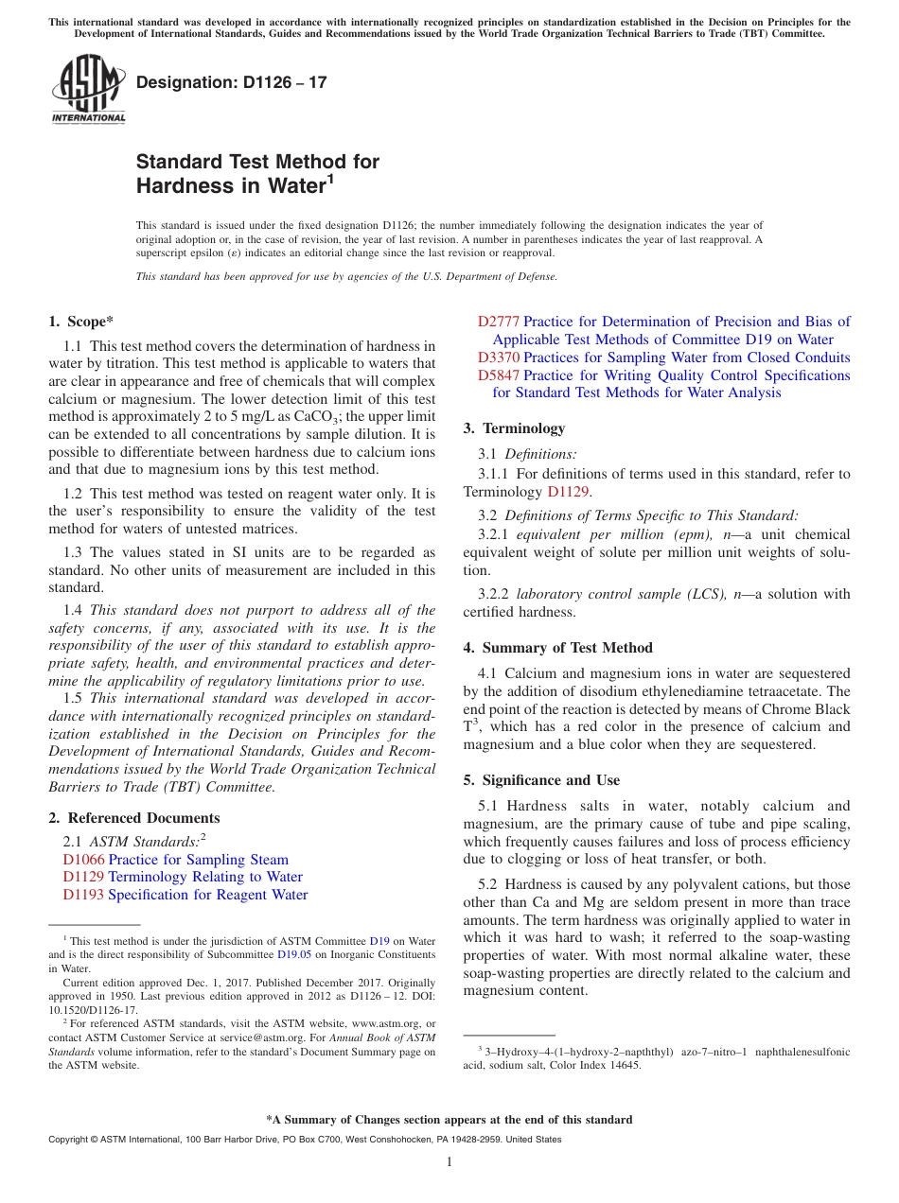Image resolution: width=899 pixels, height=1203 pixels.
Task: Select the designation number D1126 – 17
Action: click(232, 82)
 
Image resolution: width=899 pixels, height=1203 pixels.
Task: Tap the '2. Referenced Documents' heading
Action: click(133, 818)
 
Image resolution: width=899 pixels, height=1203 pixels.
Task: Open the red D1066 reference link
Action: click(83, 860)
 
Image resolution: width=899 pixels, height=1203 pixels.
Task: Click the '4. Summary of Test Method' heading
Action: click(557, 648)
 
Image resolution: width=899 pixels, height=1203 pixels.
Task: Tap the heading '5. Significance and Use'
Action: click(541, 780)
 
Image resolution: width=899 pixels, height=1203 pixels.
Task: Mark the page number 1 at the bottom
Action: click(449, 1162)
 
